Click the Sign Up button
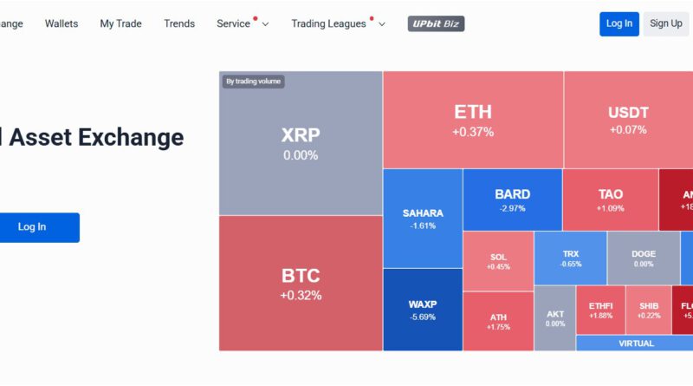(x=665, y=23)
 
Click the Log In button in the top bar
(x=619, y=23)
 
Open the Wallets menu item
(x=62, y=23)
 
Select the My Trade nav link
(x=120, y=23)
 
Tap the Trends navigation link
(x=179, y=23)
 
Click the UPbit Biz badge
(x=436, y=23)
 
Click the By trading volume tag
(x=253, y=82)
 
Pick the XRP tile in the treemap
(x=301, y=143)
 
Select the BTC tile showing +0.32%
(x=301, y=283)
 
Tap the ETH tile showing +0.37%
(x=473, y=120)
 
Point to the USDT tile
(x=628, y=120)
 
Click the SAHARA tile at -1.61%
(x=423, y=218)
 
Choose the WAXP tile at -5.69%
(x=423, y=310)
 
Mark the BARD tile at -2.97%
(x=512, y=200)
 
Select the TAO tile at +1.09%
(x=610, y=200)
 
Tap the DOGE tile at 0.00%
(x=643, y=258)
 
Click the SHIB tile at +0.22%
(x=649, y=310)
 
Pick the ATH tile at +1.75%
(x=498, y=321)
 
